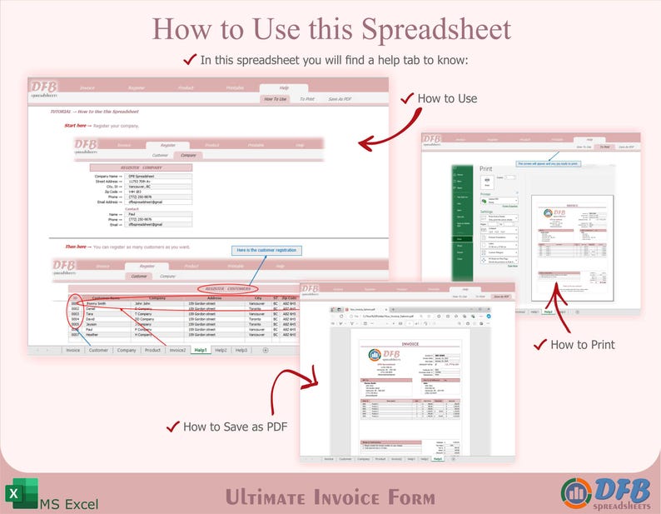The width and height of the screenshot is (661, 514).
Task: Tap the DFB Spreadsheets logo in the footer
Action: [606, 492]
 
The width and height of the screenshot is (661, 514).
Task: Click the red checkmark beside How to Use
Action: [407, 98]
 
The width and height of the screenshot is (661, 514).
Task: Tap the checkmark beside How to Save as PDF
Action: [173, 426]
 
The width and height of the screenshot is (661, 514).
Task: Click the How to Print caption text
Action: [583, 344]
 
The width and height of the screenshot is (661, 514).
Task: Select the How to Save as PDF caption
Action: [236, 427]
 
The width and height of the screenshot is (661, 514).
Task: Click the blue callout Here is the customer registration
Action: [266, 250]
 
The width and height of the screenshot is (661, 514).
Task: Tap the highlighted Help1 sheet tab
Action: [201, 351]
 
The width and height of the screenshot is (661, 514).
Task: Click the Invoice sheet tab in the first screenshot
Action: [73, 351]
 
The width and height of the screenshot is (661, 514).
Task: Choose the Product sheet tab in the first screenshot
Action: [152, 351]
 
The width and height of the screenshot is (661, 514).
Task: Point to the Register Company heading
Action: [141, 167]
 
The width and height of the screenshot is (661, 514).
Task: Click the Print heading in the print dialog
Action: [486, 168]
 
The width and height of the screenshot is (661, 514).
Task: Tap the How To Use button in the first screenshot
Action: [276, 99]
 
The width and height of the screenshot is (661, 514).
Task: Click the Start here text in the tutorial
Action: [76, 126]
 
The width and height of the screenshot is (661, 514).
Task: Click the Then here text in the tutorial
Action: [77, 247]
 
